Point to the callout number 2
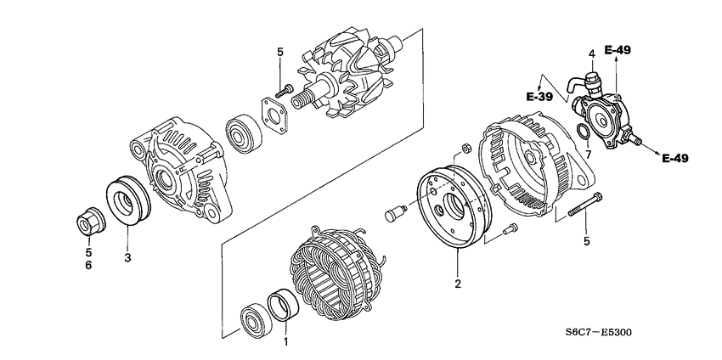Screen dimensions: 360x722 pos(457,284)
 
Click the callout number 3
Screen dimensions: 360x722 pos(127,257)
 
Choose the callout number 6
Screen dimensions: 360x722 pos(88,266)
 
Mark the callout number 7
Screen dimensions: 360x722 pos(585,155)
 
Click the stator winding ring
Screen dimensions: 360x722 pos(330,271)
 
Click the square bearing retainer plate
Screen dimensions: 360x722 pos(272,112)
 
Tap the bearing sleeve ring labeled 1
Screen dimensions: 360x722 pos(283,307)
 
